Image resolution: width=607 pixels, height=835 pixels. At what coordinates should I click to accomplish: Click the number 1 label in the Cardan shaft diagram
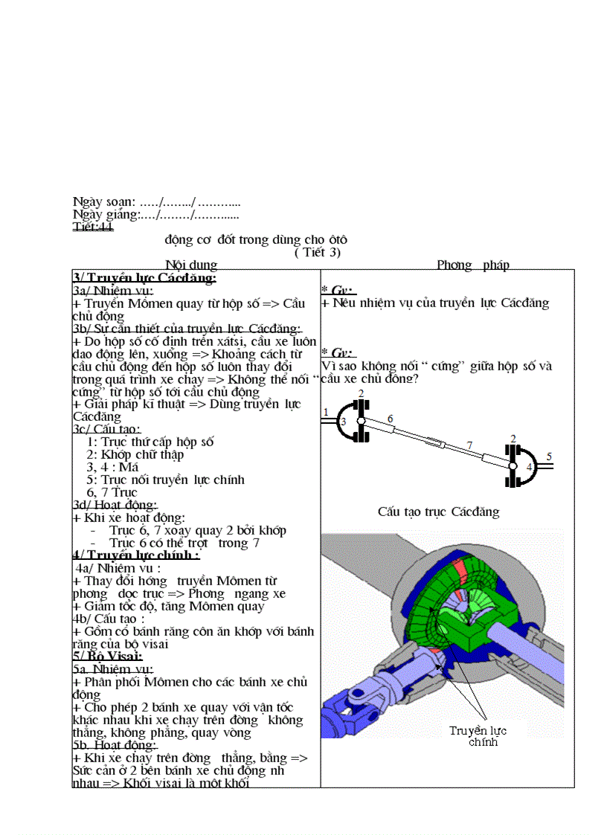point(326,412)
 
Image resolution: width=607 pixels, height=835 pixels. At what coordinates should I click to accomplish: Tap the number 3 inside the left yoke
point(343,422)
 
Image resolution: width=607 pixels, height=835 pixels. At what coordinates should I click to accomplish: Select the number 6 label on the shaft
point(389,419)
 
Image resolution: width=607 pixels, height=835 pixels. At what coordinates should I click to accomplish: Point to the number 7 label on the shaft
point(469,445)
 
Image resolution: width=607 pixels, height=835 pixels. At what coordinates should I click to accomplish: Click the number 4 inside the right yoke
point(529,467)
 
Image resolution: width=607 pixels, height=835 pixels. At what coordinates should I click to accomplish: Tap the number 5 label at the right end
point(549,457)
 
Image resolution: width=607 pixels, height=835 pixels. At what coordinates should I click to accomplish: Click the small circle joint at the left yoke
point(361,421)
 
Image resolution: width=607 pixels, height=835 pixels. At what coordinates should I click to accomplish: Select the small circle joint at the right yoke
point(513,466)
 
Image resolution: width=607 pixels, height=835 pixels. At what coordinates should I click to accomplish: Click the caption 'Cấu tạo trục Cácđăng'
point(438,512)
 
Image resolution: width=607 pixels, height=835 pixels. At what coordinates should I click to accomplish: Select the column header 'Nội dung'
point(191,265)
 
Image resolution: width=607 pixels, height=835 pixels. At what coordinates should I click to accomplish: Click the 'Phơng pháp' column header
point(473,265)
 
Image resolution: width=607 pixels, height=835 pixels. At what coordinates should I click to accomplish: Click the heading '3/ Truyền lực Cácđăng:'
point(144,278)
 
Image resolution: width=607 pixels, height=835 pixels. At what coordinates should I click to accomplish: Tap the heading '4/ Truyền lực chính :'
point(136,555)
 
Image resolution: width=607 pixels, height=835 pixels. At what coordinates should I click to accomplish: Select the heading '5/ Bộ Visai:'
point(108,656)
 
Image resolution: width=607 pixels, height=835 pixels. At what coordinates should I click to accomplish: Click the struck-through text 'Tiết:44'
point(93,227)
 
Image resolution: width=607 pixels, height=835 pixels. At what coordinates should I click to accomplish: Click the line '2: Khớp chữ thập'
point(135,454)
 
